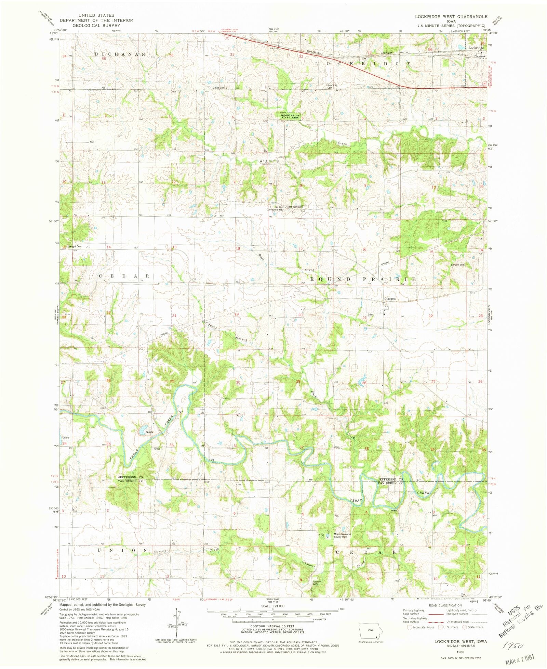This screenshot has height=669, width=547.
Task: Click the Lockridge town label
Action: (x=476, y=48)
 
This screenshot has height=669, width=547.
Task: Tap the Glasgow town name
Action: (x=390, y=299)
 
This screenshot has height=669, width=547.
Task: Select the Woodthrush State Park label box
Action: (x=291, y=116)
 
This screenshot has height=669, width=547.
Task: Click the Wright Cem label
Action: (x=75, y=246)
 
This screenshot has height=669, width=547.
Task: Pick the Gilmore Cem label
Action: (x=457, y=265)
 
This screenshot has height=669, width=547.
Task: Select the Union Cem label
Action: (x=219, y=88)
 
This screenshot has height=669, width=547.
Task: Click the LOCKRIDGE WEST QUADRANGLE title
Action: (x=451, y=16)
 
